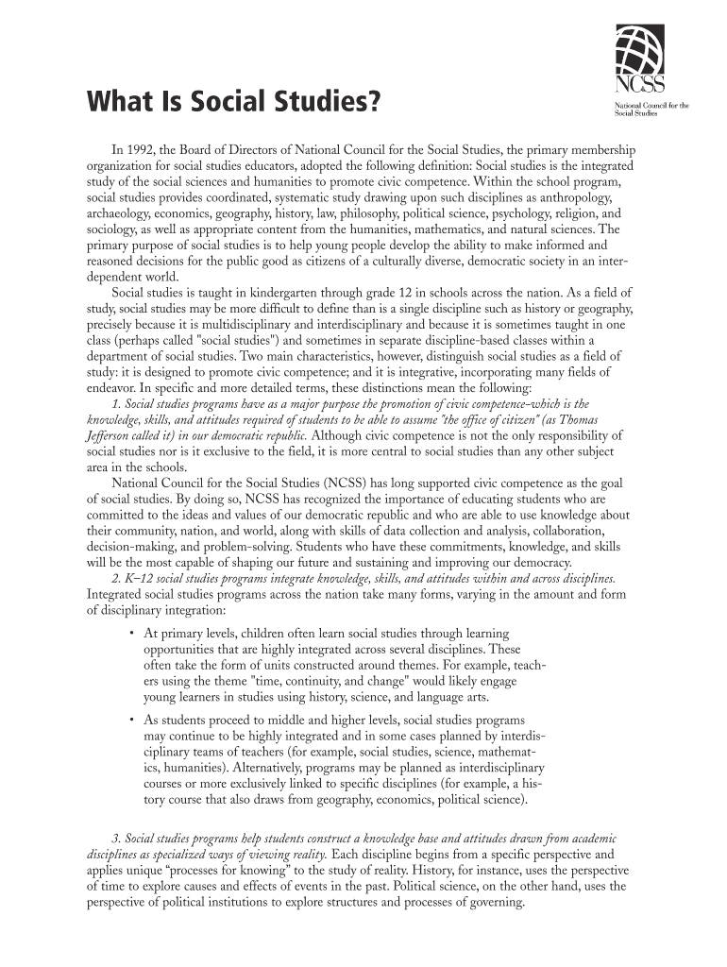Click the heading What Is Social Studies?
(236, 101)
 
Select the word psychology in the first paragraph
(491, 215)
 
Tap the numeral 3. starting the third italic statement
(116, 839)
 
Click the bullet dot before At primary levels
(130, 632)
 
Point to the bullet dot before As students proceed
(130, 719)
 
